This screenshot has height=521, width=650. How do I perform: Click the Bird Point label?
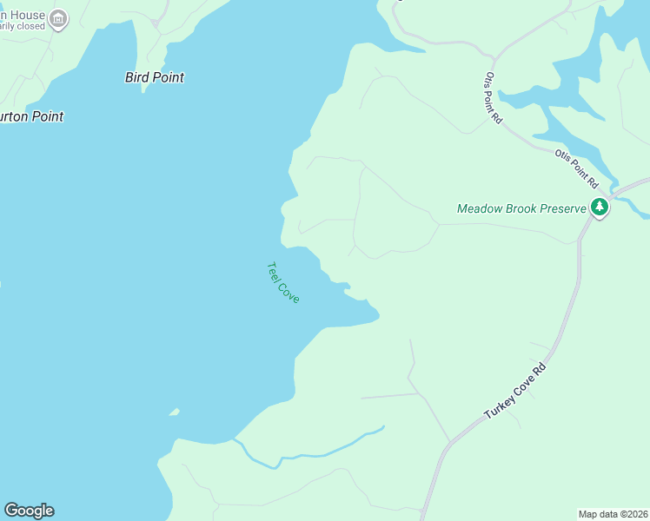pos(155,77)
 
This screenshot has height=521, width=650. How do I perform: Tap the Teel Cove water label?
pos(283,282)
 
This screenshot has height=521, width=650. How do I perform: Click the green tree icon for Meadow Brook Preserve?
pos(599,208)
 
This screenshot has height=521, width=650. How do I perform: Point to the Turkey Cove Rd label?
pos(515,391)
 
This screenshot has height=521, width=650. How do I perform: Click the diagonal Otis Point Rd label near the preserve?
pos(576,168)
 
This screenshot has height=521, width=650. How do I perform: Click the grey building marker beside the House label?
pos(58,18)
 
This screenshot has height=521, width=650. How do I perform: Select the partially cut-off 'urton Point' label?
pos(32,116)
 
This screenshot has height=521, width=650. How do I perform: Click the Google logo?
pos(29,511)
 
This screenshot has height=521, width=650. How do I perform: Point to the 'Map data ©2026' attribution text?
pos(614,513)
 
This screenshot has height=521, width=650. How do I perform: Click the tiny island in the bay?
pos(174,412)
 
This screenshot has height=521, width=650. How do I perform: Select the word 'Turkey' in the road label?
pos(501,405)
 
